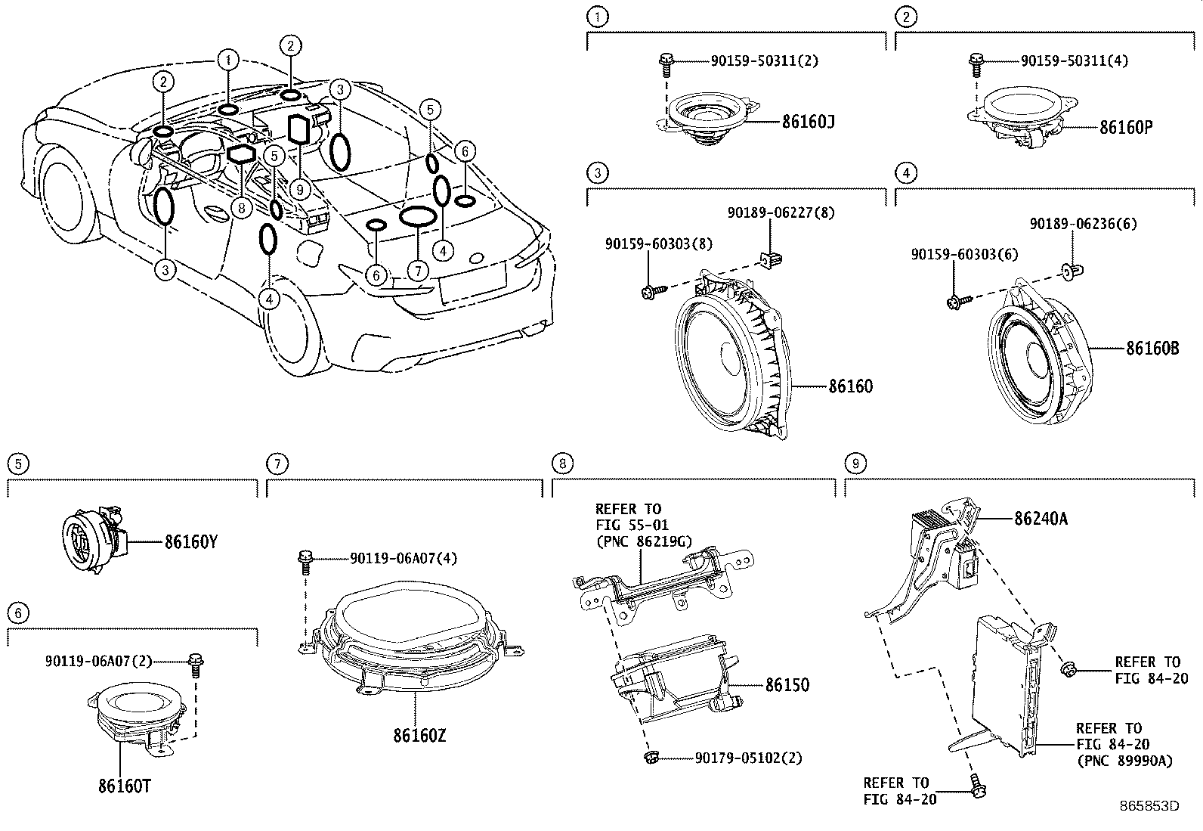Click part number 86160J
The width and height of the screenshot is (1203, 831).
click(x=809, y=121)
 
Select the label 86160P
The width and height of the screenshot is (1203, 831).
click(x=1126, y=126)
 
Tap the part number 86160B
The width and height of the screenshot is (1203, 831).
click(x=1152, y=349)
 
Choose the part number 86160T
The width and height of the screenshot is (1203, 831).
click(x=124, y=786)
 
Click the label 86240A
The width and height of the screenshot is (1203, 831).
click(x=1041, y=519)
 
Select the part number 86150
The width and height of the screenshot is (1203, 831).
click(x=787, y=684)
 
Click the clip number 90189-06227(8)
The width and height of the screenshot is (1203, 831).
click(x=781, y=213)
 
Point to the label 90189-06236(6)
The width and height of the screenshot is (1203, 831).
click(x=1083, y=224)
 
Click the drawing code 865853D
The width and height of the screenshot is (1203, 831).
click(x=1149, y=806)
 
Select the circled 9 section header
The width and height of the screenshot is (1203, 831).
click(x=854, y=463)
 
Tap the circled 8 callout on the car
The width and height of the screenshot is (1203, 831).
click(x=241, y=208)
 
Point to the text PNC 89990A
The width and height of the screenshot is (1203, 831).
click(x=1124, y=761)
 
